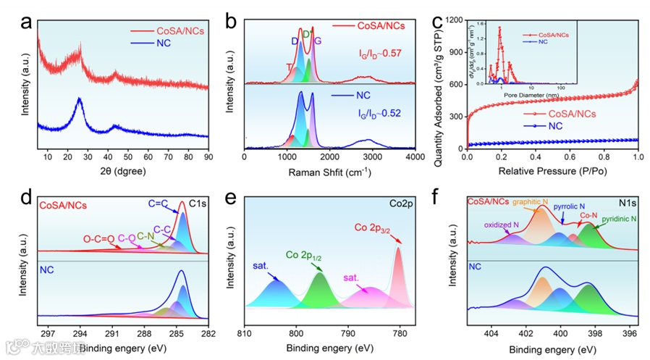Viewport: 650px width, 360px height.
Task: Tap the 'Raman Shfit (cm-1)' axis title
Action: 329,173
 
